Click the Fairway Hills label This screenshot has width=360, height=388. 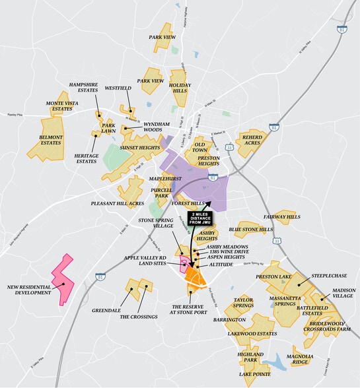(281, 217)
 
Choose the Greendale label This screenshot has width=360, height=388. (106, 309)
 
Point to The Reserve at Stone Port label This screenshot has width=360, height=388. (190, 310)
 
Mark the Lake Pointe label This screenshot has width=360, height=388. (254, 374)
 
